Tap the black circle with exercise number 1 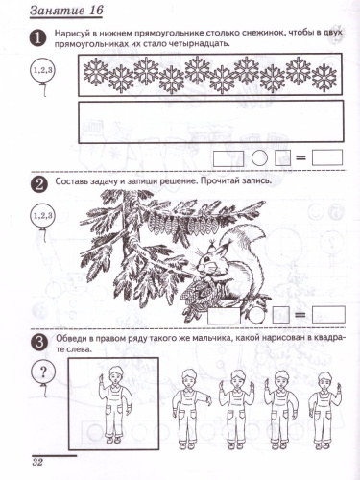(x=38, y=39)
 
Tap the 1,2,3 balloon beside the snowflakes (x=43, y=70)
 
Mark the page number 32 (x=38, y=465)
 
